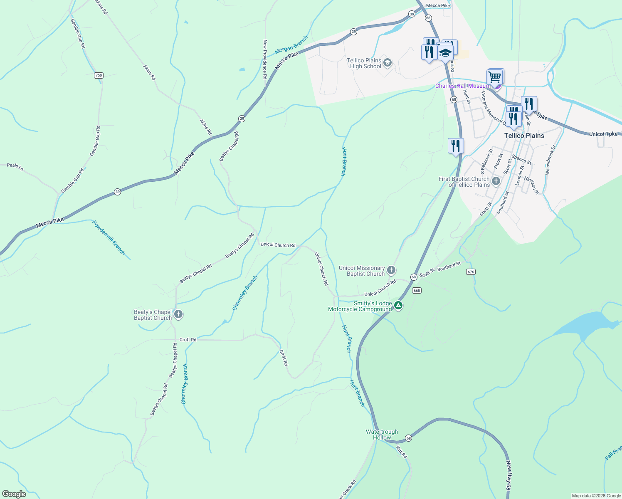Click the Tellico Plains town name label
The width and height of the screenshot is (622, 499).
click(524, 136)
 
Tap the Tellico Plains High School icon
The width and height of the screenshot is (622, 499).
click(388, 63)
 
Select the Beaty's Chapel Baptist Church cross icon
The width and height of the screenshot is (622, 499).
click(178, 314)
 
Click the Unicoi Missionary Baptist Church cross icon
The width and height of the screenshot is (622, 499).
click(391, 270)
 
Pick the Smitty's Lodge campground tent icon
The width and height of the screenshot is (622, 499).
click(398, 306)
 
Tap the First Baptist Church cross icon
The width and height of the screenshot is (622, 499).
click(496, 181)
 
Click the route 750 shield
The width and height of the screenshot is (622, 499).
click(99, 75)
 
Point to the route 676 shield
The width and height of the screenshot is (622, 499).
click(470, 272)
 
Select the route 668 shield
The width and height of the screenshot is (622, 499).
click(417, 291)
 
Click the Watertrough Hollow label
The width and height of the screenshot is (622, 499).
click(382, 435)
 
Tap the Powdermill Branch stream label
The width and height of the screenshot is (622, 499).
click(109, 237)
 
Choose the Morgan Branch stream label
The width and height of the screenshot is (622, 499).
click(291, 45)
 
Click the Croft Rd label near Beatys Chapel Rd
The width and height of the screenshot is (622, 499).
click(188, 340)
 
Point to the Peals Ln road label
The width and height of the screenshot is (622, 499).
click(15, 167)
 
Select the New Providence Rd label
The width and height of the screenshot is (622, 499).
click(265, 59)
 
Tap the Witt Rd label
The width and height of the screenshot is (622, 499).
click(401, 452)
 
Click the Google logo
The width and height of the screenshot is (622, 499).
click(14, 494)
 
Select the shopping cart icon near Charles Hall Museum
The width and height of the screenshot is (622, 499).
click(495, 77)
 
